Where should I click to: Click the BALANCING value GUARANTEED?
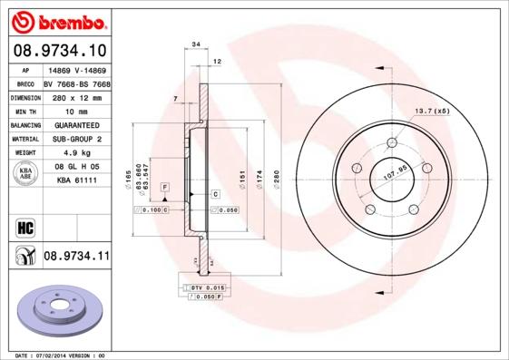click(72, 124)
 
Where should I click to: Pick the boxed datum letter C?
click(216, 194)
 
